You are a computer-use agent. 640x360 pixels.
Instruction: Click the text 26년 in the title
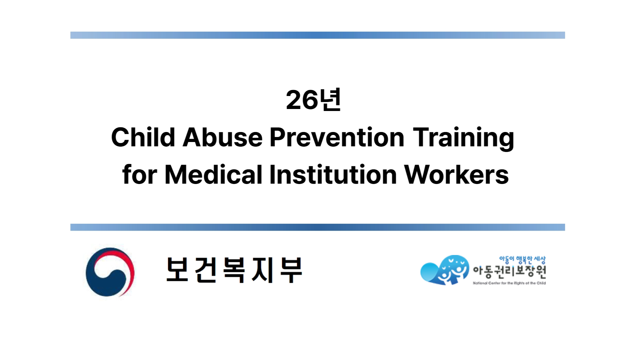pos(313,100)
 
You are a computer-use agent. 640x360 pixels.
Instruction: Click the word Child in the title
pos(143,137)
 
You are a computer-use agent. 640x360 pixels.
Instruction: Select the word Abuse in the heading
pos(222,137)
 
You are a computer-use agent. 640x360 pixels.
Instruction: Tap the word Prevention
pos(337,137)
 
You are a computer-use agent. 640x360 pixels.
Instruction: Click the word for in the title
pos(139,175)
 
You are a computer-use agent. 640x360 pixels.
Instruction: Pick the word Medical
pos(213,175)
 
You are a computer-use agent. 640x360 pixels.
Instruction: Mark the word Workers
pos(456,175)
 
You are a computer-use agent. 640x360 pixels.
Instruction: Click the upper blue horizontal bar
pos(317,35)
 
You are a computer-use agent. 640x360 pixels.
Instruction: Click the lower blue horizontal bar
pos(317,227)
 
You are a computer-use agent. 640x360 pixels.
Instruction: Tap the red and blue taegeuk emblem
pos(110,272)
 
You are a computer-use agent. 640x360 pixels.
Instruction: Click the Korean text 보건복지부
pos(234,270)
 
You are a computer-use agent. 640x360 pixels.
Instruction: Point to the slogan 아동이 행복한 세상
pos(522,260)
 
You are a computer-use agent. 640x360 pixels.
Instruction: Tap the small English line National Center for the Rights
pos(509,283)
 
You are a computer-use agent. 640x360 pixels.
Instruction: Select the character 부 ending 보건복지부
pos(291,270)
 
